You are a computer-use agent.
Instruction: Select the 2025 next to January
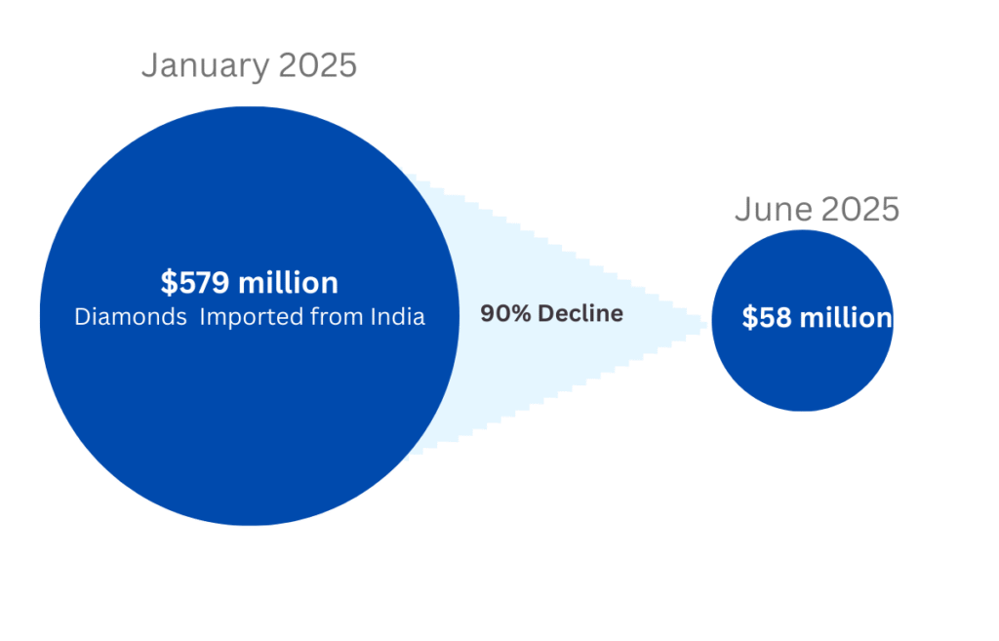pos(318,66)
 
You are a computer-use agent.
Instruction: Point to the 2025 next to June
pos(860,210)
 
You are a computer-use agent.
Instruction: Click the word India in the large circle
pos(398,317)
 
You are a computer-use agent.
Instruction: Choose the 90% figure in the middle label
pos(501,314)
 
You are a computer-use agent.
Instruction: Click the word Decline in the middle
pos(581,314)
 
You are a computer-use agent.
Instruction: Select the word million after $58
pos(845,318)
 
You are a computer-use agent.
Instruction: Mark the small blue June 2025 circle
pos(802,371)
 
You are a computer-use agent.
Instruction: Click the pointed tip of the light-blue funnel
pos(704,321)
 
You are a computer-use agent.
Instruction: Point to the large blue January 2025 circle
pos(249,420)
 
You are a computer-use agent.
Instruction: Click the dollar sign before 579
pos(168,284)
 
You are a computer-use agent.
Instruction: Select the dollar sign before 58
pos(748,318)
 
